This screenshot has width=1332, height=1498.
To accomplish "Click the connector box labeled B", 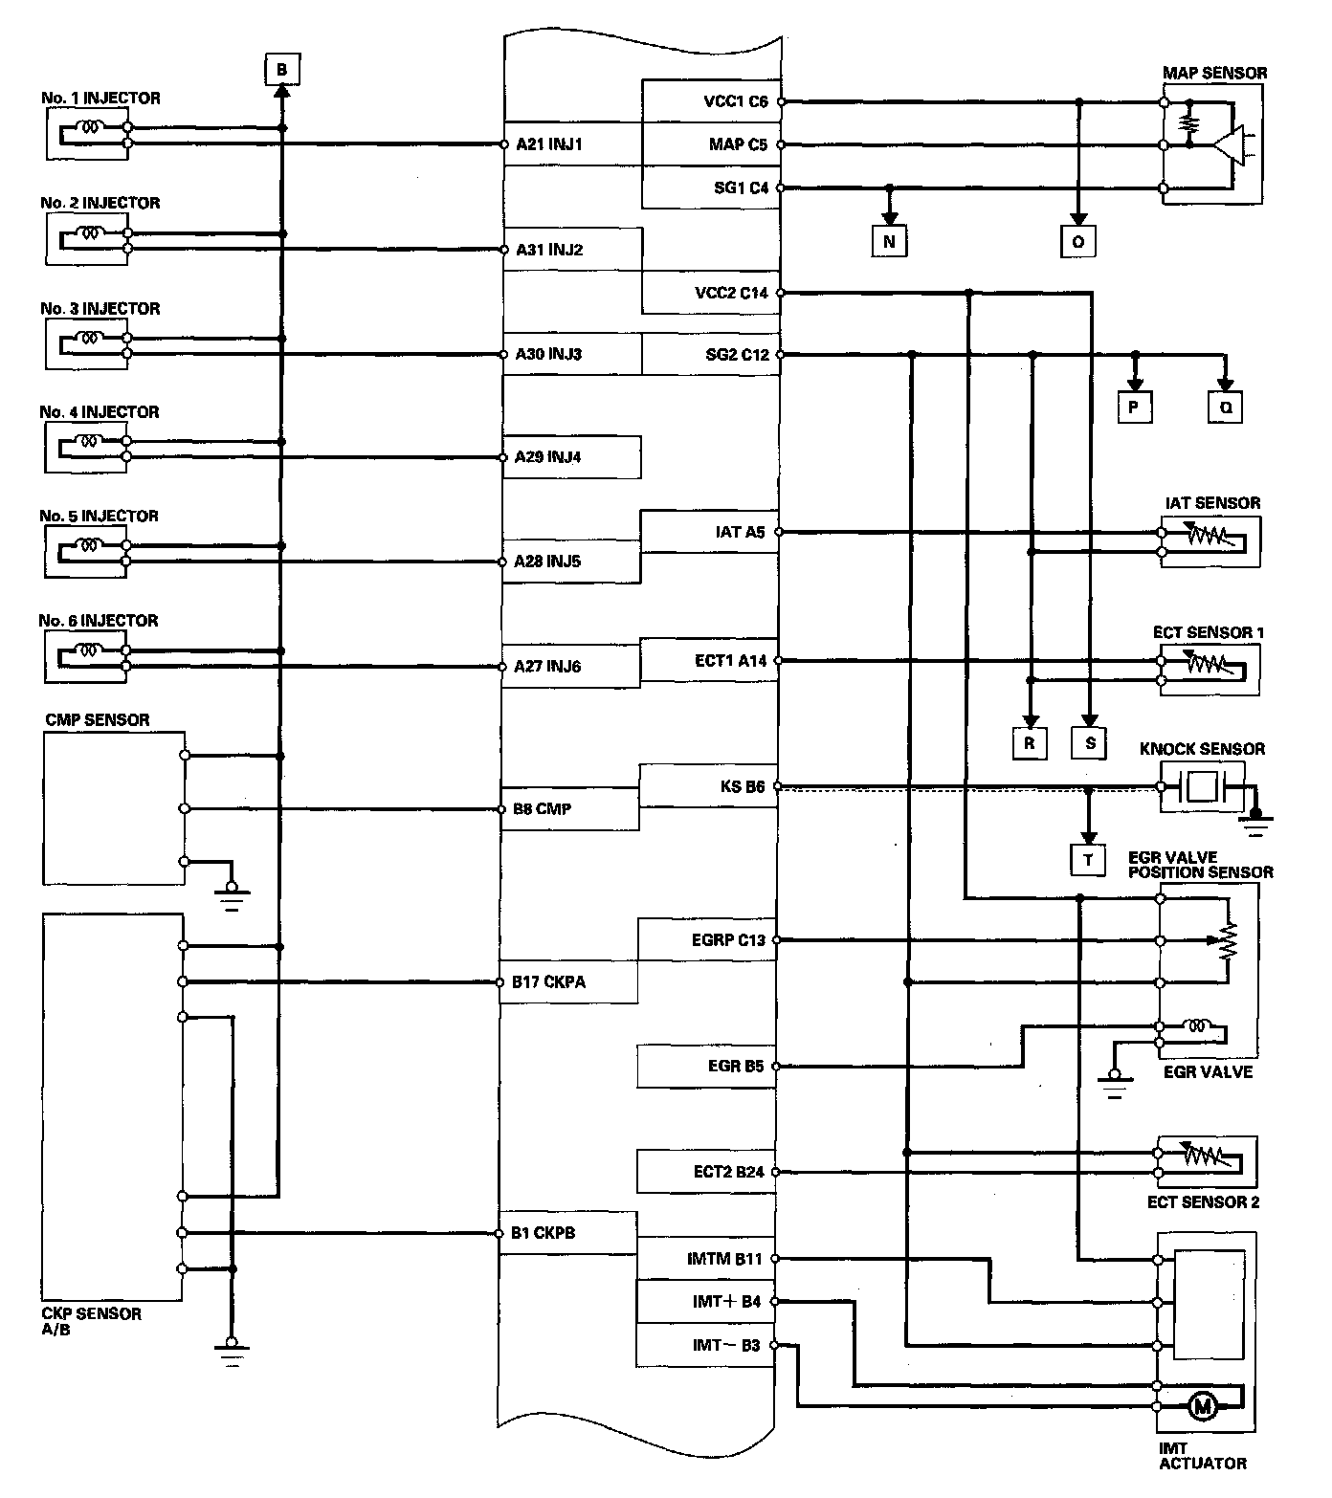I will pyautogui.click(x=281, y=69).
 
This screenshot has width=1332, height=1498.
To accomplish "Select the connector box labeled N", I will pyautogui.click(x=889, y=241).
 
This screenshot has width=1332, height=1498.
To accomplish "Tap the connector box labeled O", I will pyautogui.click(x=1077, y=241).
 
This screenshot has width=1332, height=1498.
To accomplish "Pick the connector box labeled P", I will pyautogui.click(x=1134, y=408).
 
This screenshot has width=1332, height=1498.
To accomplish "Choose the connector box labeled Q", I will pyautogui.click(x=1226, y=408).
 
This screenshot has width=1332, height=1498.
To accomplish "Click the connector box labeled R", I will pyautogui.click(x=1030, y=742).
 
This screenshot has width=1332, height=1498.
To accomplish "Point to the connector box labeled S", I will pyautogui.click(x=1089, y=742).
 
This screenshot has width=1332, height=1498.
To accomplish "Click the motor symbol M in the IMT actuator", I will pyautogui.click(x=1203, y=1406).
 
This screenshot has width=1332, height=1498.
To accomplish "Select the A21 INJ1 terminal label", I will pyautogui.click(x=549, y=144).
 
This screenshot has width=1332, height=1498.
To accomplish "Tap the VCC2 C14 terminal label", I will pyautogui.click(x=731, y=293).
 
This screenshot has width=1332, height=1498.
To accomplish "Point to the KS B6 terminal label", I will pyautogui.click(x=743, y=786).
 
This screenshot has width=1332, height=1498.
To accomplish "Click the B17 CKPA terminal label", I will pyautogui.click(x=548, y=981).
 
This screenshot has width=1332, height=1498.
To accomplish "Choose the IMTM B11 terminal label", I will pyautogui.click(x=724, y=1259).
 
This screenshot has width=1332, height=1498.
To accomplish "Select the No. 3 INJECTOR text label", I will pyautogui.click(x=100, y=308).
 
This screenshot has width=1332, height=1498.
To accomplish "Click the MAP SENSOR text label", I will pyautogui.click(x=1214, y=73).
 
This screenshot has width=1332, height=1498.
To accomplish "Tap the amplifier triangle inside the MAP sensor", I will pyautogui.click(x=1231, y=145).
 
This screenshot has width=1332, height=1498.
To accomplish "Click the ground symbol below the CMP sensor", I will pyautogui.click(x=232, y=897).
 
